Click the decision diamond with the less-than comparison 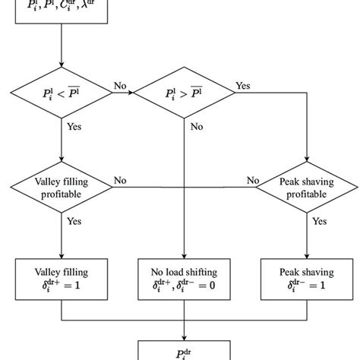coord(61,93)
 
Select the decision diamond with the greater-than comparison coord(183,93)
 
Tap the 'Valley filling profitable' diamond coord(61,187)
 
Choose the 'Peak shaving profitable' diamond coord(305,187)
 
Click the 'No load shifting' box coord(183,279)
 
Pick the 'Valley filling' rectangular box coord(61,279)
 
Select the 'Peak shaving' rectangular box coord(305,279)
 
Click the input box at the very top coord(61,15)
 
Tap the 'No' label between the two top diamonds coord(120,85)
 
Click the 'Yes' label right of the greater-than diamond coord(243,85)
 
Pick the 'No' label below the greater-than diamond coord(197,128)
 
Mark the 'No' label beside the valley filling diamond coord(120,180)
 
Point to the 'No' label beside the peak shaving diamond coord(252,180)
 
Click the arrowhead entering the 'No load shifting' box coord(183,254)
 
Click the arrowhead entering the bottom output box coord(183,336)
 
